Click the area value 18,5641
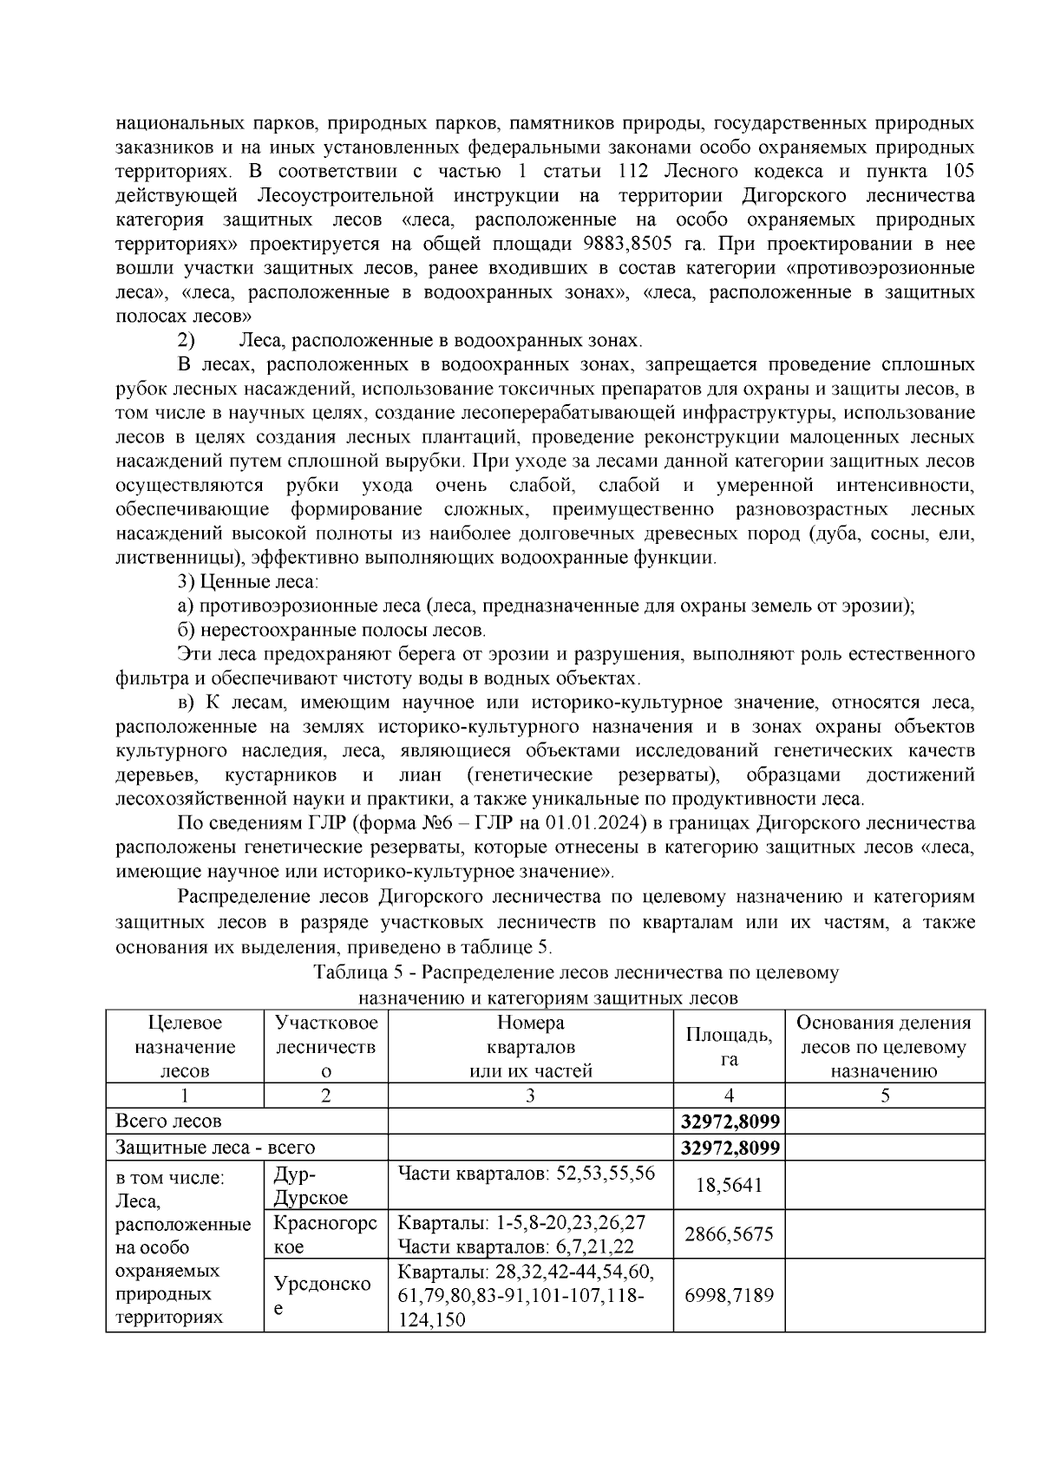pyautogui.click(x=729, y=1185)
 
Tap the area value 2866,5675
pyautogui.click(x=729, y=1234)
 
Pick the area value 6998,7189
pyautogui.click(x=729, y=1296)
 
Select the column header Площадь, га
pyautogui.click(x=729, y=1046)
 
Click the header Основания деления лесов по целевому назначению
pyautogui.click(x=884, y=1046)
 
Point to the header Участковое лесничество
pyautogui.click(x=325, y=1046)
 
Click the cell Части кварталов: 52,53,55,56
pyautogui.click(x=526, y=1174)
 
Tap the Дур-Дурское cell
pyautogui.click(x=311, y=1185)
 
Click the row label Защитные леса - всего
pyautogui.click(x=216, y=1148)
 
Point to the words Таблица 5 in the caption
pyautogui.click(x=350, y=972)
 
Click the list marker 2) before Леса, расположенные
pyautogui.click(x=186, y=340)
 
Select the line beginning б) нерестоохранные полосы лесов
pyautogui.click(x=331, y=630)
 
